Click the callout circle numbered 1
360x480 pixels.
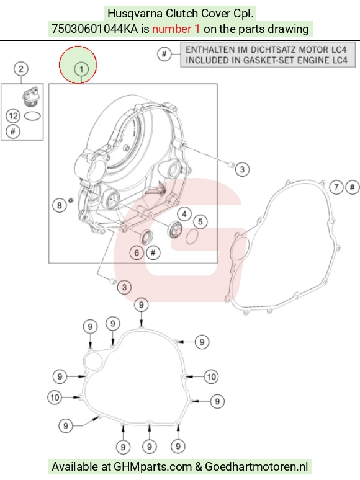[81, 69]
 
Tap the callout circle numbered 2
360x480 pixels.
[21, 69]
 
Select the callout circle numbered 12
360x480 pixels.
[13, 116]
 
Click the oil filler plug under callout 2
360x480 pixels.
[30, 97]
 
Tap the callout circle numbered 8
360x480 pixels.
[60, 205]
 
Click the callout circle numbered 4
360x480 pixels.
[184, 214]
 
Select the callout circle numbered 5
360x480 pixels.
[200, 221]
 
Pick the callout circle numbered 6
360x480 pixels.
[137, 253]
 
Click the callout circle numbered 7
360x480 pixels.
[336, 187]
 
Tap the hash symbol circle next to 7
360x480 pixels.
[353, 187]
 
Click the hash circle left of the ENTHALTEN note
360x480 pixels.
[164, 54]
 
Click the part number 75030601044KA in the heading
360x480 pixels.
[95, 29]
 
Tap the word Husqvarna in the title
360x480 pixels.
[135, 14]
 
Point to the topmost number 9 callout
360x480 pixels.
[142, 305]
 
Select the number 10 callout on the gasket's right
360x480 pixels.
[212, 376]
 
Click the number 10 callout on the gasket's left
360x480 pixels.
[55, 398]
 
